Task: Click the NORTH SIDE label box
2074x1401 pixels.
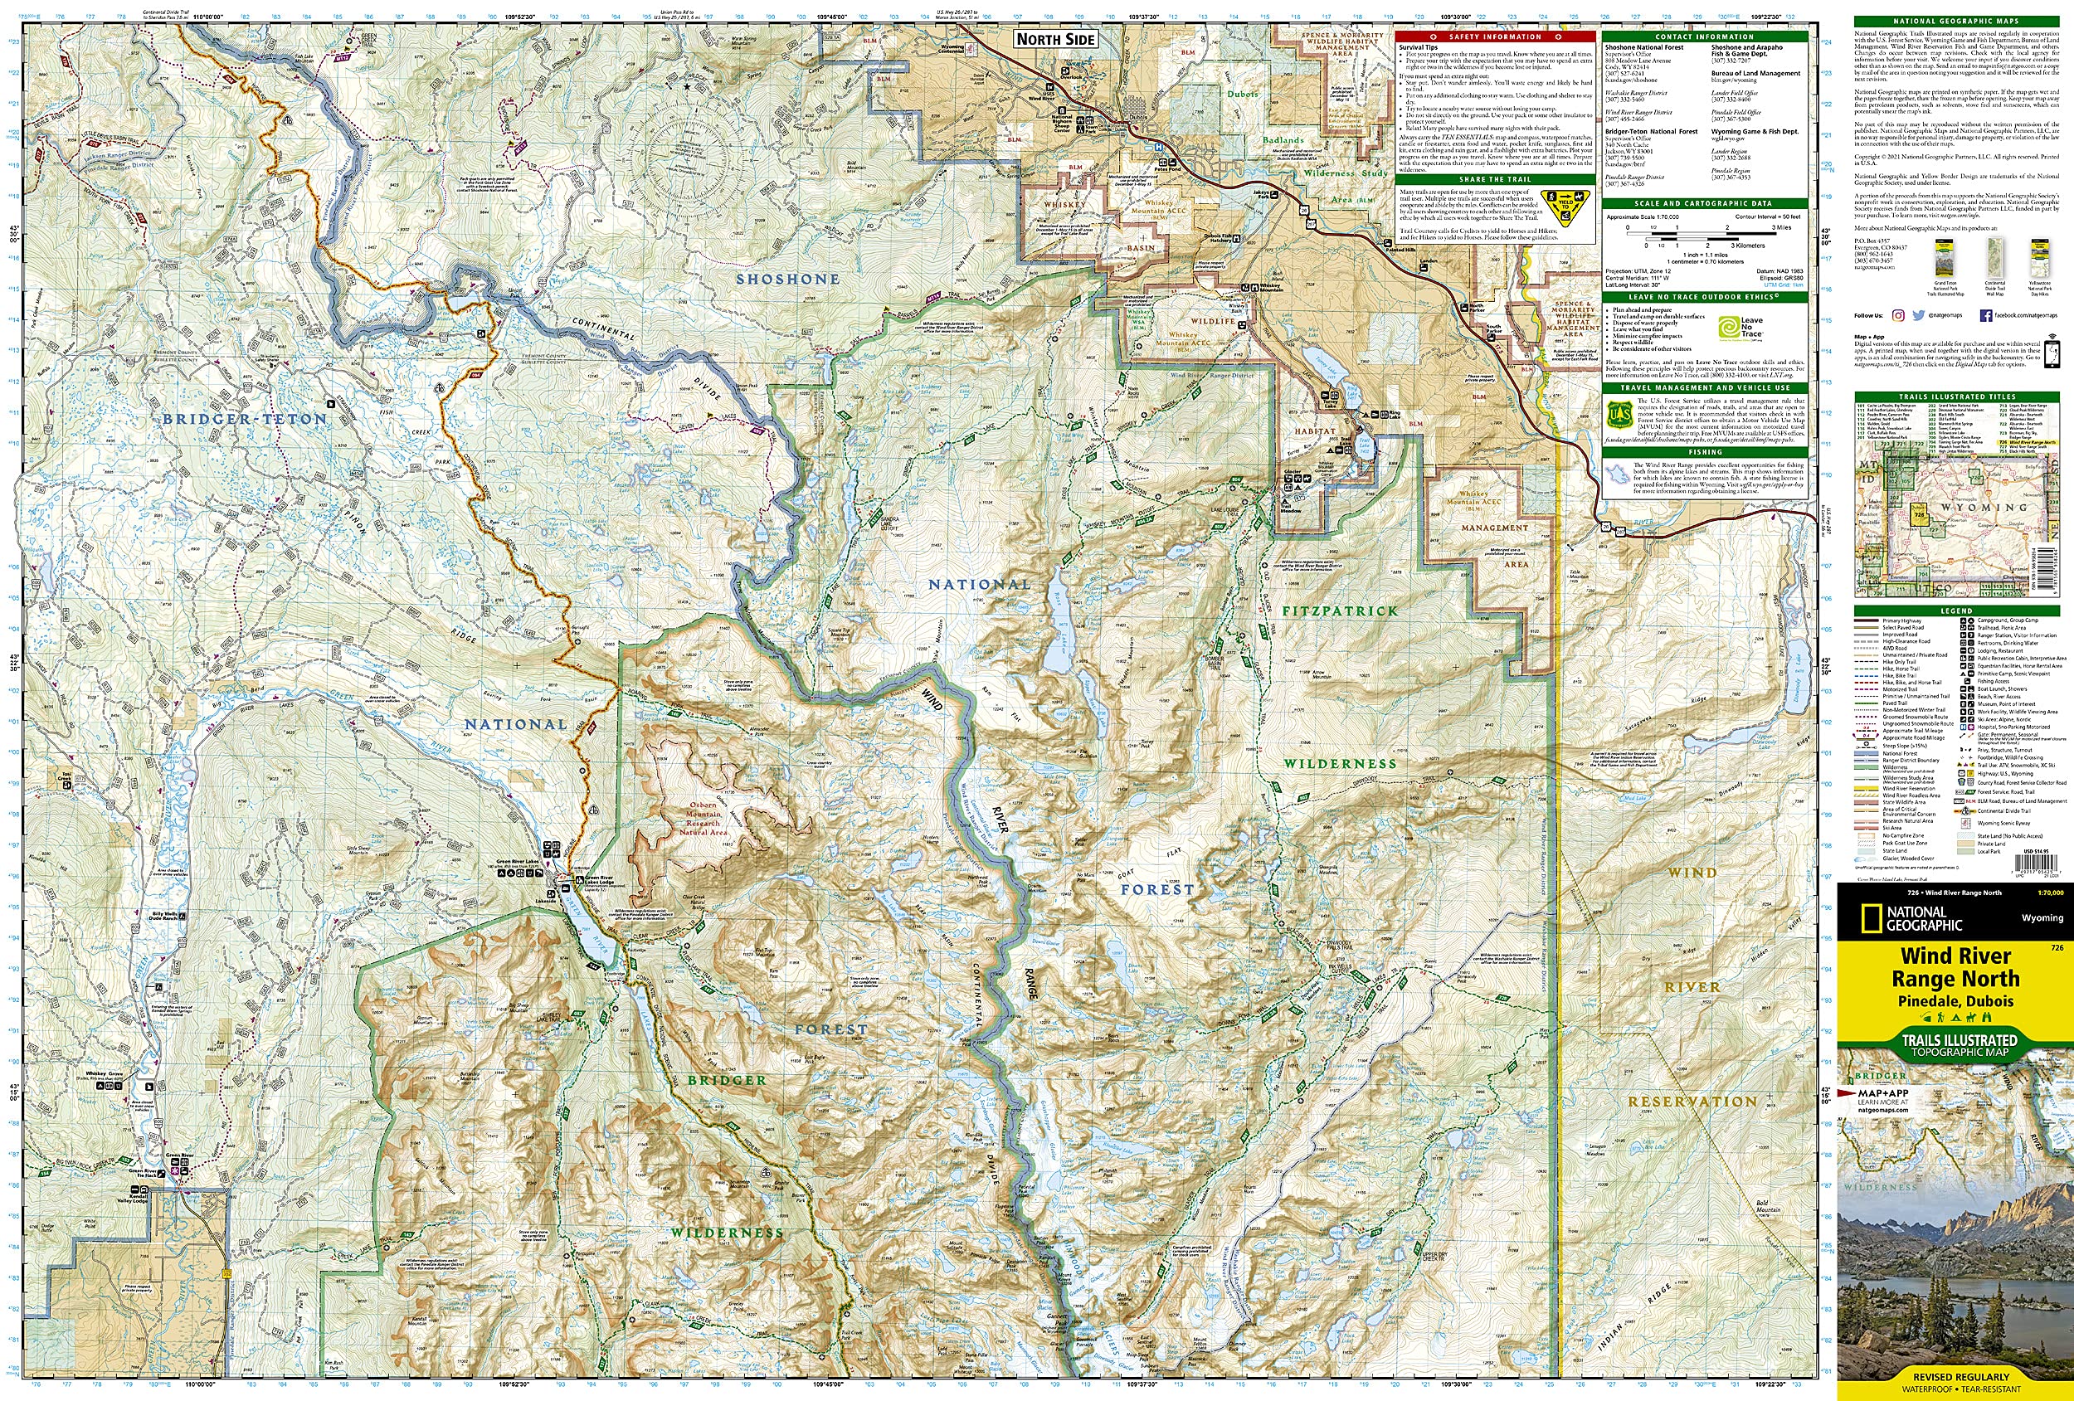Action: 1056,39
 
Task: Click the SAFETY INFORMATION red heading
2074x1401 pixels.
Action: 1495,36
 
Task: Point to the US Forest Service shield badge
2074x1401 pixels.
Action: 1614,414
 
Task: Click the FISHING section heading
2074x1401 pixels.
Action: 1705,452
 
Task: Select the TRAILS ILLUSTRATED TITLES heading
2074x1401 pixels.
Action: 1956,396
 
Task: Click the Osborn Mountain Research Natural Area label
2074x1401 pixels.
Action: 704,817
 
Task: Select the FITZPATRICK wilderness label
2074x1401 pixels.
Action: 1340,611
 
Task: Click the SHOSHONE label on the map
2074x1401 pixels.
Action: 787,280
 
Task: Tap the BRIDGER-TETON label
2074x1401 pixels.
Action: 245,419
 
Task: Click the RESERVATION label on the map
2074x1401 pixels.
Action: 1692,1102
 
